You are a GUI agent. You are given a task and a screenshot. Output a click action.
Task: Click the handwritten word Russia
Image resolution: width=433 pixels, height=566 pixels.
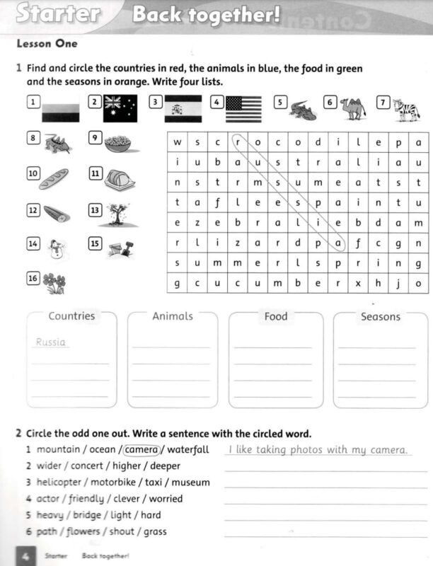click(x=50, y=342)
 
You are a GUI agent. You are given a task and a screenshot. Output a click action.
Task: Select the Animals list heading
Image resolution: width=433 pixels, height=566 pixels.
click(x=173, y=316)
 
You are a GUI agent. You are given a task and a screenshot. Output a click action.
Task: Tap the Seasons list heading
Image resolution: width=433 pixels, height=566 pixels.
click(x=380, y=316)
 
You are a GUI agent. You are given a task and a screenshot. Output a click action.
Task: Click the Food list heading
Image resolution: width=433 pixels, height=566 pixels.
click(x=276, y=316)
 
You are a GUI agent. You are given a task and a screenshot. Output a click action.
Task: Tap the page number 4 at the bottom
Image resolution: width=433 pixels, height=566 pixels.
click(x=24, y=557)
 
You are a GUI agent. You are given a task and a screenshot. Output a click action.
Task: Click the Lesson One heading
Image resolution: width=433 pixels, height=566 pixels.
click(x=47, y=44)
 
